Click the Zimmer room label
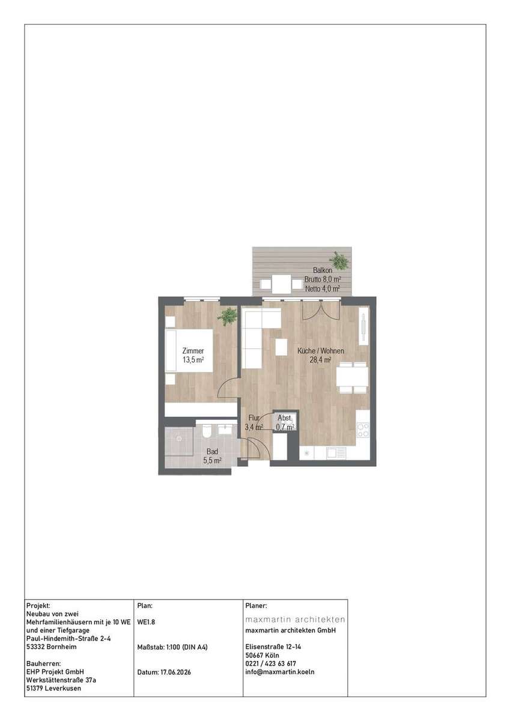(193, 350)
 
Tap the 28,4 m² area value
(321, 360)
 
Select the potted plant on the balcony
(338, 260)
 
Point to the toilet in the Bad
(207, 431)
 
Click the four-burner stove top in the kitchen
(363, 430)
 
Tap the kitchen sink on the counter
(336, 453)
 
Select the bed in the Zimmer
(189, 350)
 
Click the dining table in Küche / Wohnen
(353, 377)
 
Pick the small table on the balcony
(282, 284)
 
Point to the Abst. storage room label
(285, 418)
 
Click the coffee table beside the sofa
(282, 347)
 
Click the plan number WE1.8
(146, 622)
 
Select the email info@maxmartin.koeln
(279, 672)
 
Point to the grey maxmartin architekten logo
(295, 619)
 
